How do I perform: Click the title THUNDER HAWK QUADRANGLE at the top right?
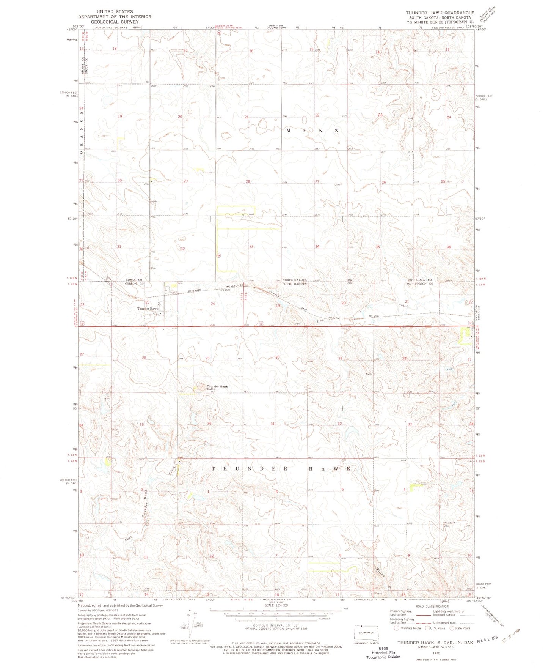(440, 13)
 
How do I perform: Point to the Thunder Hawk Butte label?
(217, 388)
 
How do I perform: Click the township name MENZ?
(312, 131)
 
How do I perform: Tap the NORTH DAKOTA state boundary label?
(292, 279)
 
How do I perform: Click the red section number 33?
(251, 247)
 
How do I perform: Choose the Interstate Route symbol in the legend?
(397, 628)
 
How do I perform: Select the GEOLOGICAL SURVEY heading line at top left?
(114, 22)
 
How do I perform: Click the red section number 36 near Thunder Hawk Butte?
(209, 423)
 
